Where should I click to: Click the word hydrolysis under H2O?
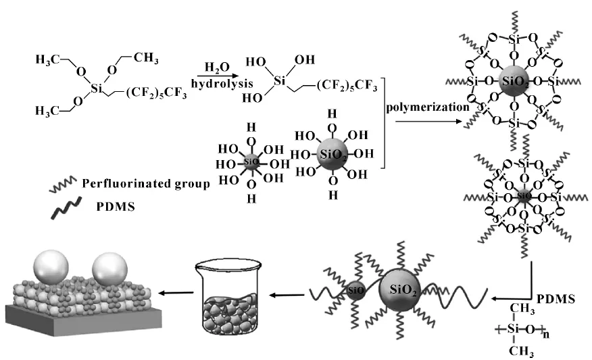click(x=220, y=85)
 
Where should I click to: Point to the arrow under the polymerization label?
click(x=428, y=123)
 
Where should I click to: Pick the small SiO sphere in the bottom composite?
click(x=355, y=292)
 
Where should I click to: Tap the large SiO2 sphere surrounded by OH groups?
click(x=331, y=154)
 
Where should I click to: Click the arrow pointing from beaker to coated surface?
click(x=174, y=294)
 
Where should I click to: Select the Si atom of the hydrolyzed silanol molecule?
click(x=278, y=82)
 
